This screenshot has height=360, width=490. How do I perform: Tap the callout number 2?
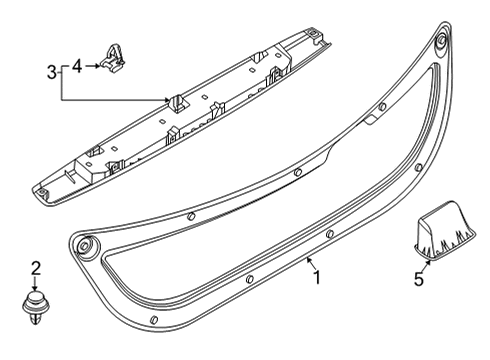[35, 267]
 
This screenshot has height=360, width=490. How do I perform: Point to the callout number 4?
[78, 65]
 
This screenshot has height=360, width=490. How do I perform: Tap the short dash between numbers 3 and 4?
[65, 65]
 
